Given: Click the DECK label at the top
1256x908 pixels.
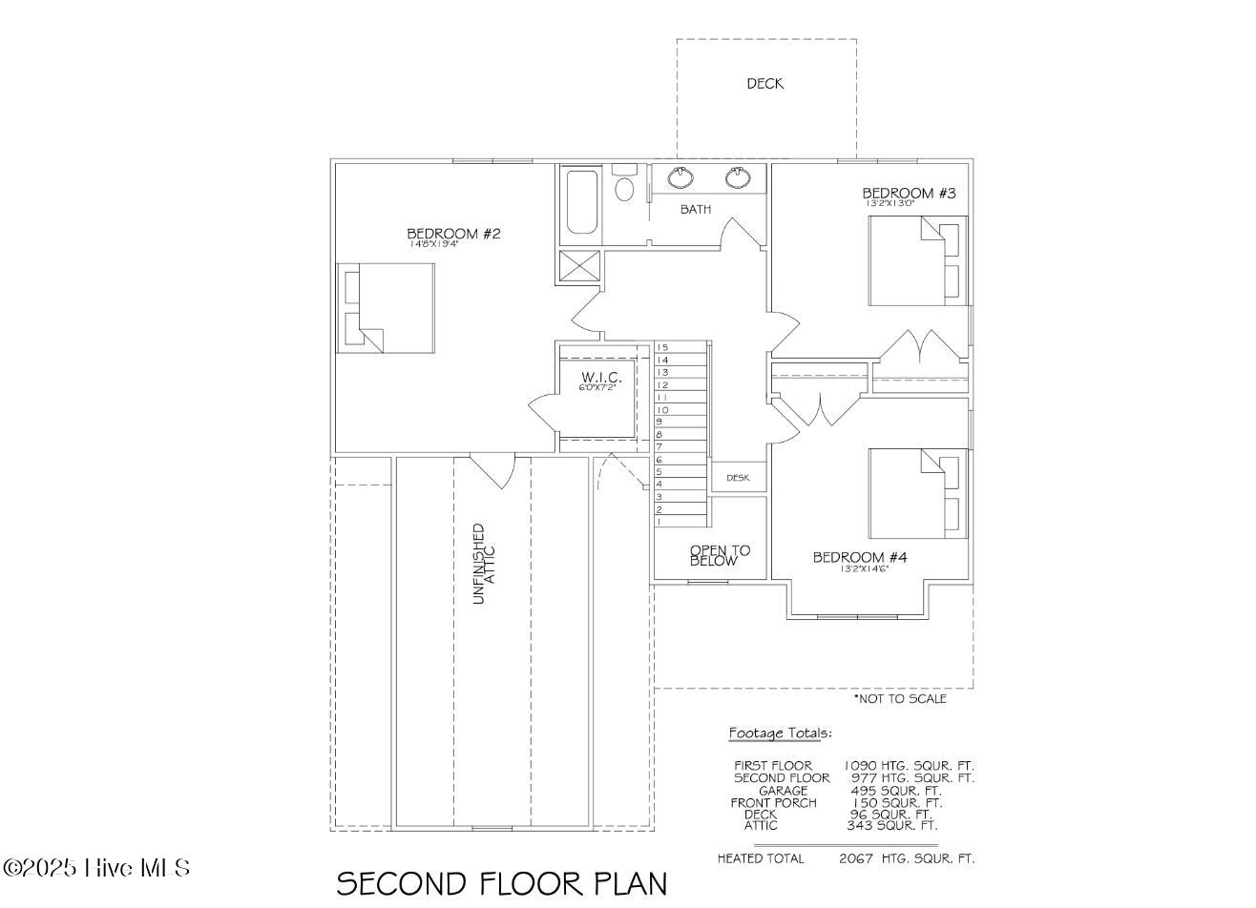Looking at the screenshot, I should (x=764, y=84).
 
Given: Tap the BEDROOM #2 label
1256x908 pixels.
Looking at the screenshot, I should (x=453, y=234).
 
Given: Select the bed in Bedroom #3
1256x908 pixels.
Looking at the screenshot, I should (x=917, y=260).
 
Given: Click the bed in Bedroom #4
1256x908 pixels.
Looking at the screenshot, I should (x=917, y=493).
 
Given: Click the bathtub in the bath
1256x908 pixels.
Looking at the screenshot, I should (x=581, y=201).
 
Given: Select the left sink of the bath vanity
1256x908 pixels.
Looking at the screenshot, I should (x=680, y=178).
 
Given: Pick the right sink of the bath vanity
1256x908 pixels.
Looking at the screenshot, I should (x=738, y=178).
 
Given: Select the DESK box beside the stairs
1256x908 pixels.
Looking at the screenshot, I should (x=738, y=478).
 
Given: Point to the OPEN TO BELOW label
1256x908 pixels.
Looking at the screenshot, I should (x=720, y=556).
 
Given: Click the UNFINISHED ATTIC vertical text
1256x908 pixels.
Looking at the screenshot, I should (x=485, y=563).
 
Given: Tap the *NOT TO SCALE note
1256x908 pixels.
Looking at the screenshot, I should (x=899, y=699).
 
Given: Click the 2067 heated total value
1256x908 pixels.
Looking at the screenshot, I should (x=856, y=858).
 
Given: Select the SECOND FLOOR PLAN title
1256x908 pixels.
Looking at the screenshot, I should (x=502, y=883).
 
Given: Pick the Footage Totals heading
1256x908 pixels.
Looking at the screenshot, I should (x=780, y=733).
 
